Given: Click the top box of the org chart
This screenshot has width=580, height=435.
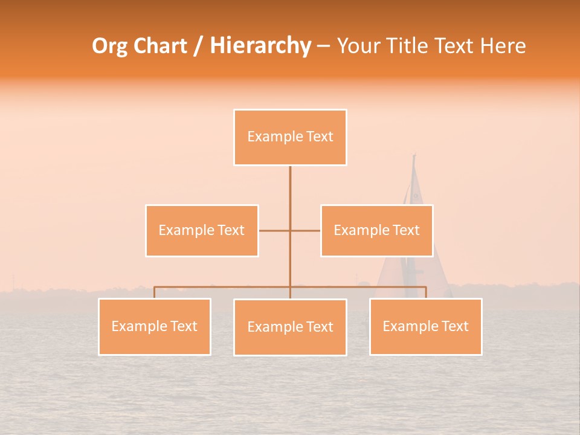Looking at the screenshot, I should point(290,137).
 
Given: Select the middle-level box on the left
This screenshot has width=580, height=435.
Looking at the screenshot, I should point(202,230).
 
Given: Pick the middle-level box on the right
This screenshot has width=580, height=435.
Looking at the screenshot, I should point(376,230).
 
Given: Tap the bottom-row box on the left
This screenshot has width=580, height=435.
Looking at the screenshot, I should point(155,326).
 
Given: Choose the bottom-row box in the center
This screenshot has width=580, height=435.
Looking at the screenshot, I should point(290,327).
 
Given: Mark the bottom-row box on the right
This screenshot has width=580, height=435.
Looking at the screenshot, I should point(425,326).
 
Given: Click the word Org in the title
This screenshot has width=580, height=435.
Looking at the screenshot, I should point(111,46).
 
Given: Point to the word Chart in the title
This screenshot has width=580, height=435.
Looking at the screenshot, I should point(161,46).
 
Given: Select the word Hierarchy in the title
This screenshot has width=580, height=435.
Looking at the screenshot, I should point(260,46).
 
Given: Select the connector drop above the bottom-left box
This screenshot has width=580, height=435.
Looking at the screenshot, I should point(155,292).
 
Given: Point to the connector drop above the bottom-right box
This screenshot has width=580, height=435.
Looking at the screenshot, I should point(426,292).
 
